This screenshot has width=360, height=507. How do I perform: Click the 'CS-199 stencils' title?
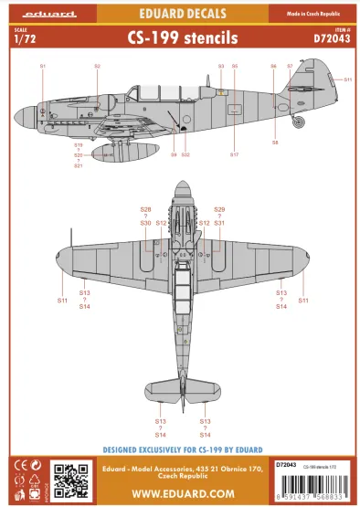coord(179,39)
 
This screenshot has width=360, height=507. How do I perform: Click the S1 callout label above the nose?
coord(42,67)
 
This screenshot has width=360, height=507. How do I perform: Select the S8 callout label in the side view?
coord(274,143)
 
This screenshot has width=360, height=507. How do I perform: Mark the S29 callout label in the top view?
coord(218,209)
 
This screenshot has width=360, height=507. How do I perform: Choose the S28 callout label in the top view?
coord(145,209)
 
